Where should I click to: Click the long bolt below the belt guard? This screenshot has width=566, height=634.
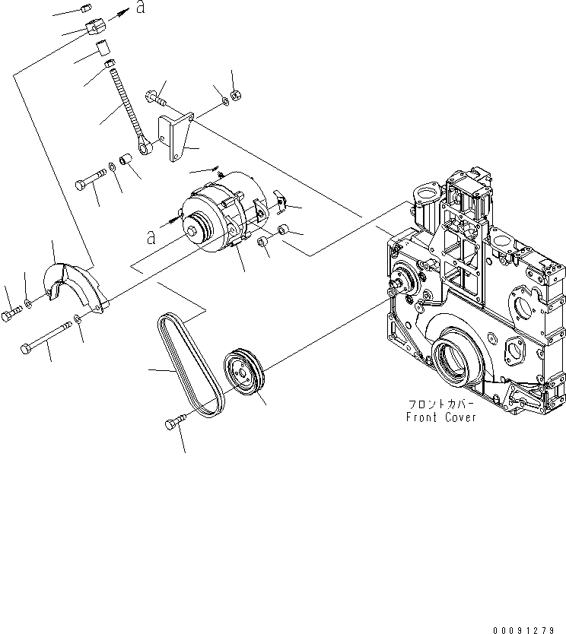[46, 335]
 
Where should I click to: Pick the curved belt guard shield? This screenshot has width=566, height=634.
[74, 286]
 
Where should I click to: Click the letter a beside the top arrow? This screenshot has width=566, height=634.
[139, 8]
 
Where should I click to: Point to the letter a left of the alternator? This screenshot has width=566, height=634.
[151, 237]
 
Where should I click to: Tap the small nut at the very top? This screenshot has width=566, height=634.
[84, 8]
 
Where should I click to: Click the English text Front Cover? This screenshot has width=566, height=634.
[441, 417]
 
